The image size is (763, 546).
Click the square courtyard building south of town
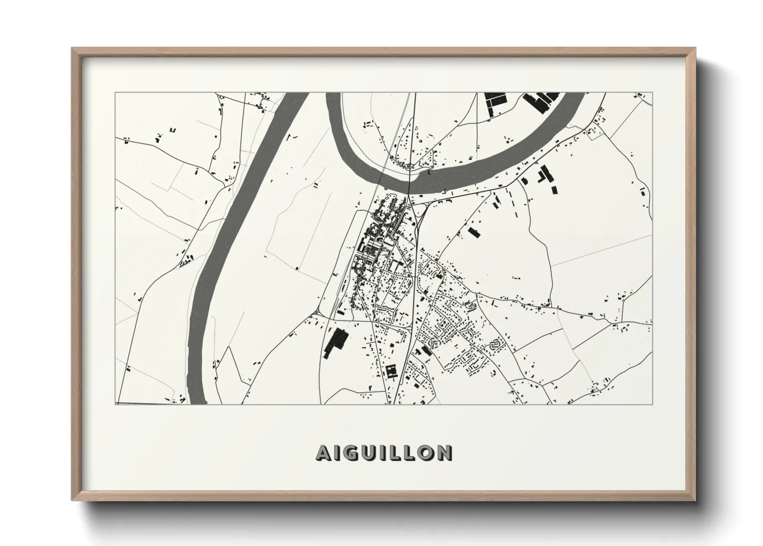(391, 371)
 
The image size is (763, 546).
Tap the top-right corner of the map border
(652, 93)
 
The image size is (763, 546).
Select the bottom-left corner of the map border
(115, 404)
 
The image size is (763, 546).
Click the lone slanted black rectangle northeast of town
(473, 231)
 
